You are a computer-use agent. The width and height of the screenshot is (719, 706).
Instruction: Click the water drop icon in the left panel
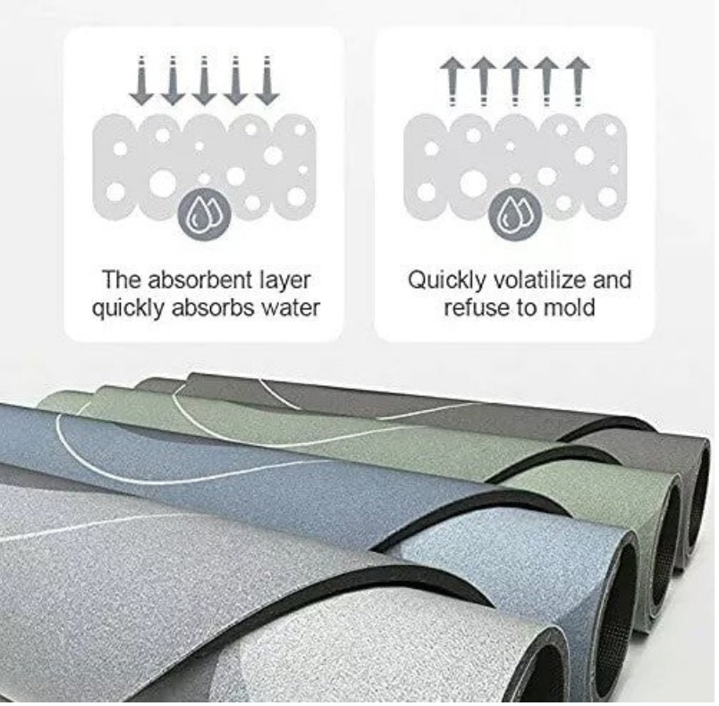pos(204,214)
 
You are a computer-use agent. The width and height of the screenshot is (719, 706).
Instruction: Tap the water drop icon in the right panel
pos(515,214)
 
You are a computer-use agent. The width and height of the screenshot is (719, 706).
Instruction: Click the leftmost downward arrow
pos(141,80)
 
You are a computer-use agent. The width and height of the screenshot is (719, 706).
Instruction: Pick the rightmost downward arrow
pos(266,80)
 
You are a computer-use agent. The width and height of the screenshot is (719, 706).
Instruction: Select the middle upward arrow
pos(515,81)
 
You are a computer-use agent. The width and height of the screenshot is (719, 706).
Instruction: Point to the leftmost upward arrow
pos(453,81)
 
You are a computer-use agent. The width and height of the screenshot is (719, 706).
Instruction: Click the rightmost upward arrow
pos(578,81)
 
